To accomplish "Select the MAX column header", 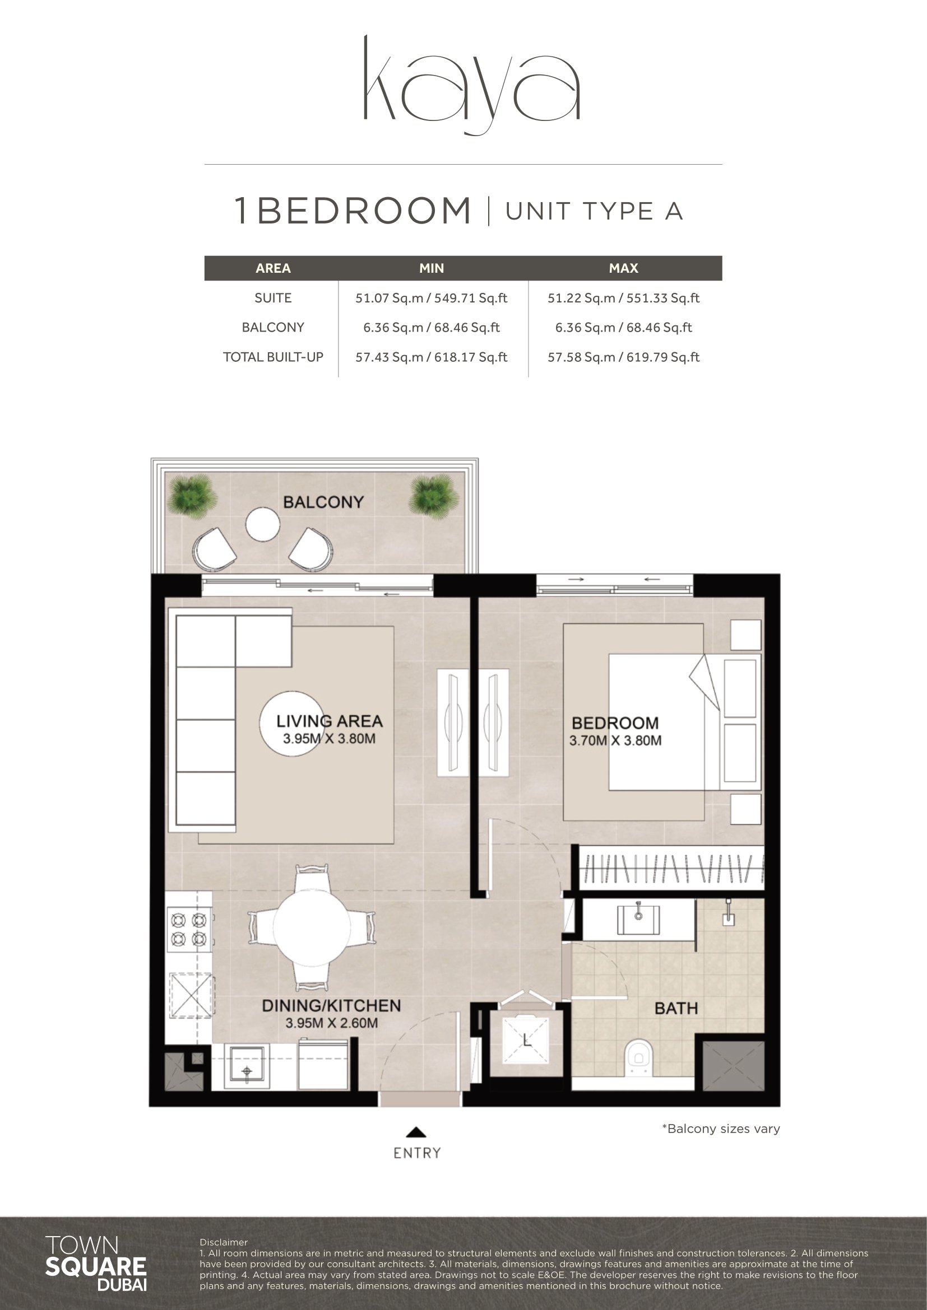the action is coord(623,268).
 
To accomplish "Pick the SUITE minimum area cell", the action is coord(432,298).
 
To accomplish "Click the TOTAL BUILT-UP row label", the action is coord(273,357).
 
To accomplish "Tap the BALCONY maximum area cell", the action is coord(623,328).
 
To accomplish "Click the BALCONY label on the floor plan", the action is coord(323,502).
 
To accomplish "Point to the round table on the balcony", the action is coord(262,524).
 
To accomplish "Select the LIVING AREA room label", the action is coord(330,721).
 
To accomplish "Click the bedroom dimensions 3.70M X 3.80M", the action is coord(615,740).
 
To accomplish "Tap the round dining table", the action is coord(312,927).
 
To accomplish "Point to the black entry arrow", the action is coord(416,1132).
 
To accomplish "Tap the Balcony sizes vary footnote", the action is coord(721,1129).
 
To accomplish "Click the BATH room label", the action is coord(676,1009).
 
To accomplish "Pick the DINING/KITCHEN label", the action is coord(331,1006).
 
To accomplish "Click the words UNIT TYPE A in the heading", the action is coord(594,211).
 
